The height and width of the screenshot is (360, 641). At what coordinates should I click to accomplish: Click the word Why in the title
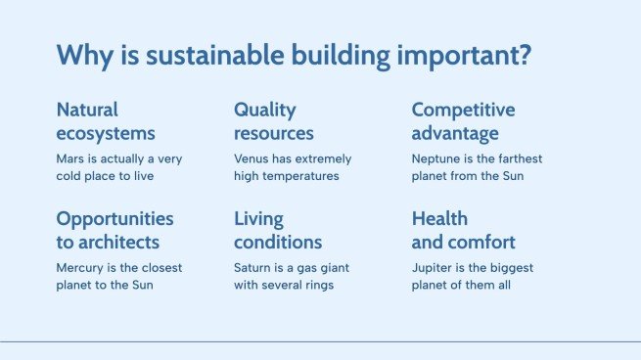click(x=84, y=56)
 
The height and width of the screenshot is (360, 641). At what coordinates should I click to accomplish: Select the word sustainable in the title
click(x=215, y=55)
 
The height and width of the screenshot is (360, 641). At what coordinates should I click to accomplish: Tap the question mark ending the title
click(x=525, y=55)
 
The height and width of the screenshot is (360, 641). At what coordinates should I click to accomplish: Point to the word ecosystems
click(x=106, y=134)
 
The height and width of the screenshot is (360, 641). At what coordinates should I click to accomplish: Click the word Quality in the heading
click(x=265, y=111)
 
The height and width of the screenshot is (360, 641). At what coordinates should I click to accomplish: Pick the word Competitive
click(x=463, y=110)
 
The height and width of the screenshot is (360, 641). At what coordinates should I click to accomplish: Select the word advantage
click(x=455, y=134)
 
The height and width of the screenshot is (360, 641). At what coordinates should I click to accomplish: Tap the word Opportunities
click(x=114, y=219)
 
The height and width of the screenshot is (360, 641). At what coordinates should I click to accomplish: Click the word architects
click(x=119, y=243)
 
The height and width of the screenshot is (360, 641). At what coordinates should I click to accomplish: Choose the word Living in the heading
click(x=258, y=219)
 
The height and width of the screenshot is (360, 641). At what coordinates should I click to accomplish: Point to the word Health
click(x=439, y=218)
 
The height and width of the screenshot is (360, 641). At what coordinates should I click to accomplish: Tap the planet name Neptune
click(x=430, y=159)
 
